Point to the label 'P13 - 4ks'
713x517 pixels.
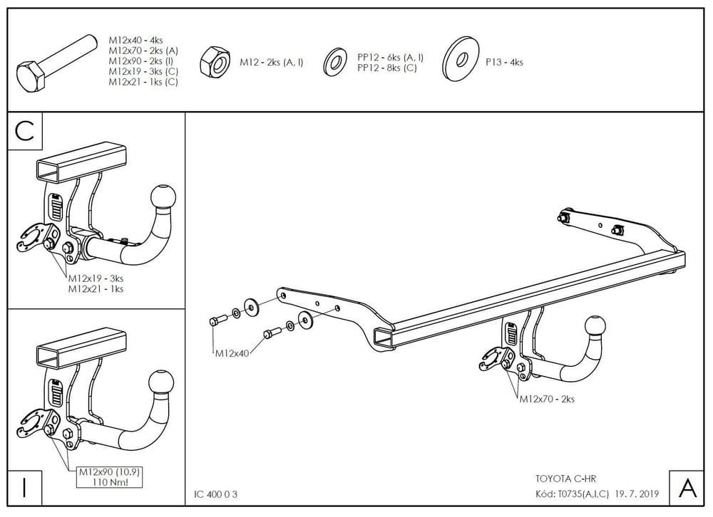tap(504, 63)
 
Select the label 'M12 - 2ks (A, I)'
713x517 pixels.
tap(271, 63)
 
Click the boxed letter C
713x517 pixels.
tap(25, 131)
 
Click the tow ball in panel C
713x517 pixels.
tap(162, 197)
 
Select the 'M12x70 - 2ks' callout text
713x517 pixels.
tap(546, 399)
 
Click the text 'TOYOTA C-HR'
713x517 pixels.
tap(561, 479)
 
